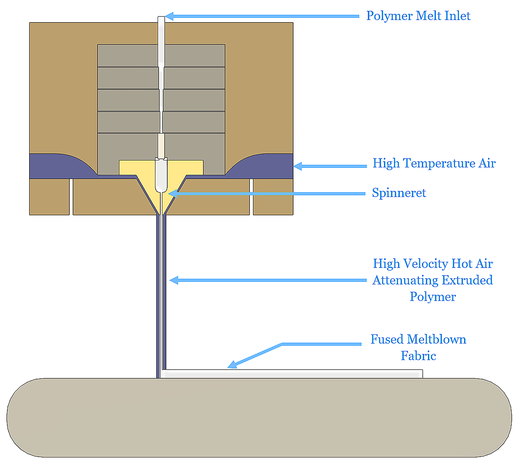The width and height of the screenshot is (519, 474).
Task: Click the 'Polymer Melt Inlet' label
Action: (x=418, y=16)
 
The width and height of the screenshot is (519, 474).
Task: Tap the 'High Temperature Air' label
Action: (x=434, y=164)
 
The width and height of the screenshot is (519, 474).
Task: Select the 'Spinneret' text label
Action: (x=399, y=193)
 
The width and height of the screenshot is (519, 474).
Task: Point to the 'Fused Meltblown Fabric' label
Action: (x=418, y=347)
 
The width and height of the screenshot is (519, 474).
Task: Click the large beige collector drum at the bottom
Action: (x=259, y=417)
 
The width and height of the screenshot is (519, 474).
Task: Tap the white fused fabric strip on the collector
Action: (x=292, y=374)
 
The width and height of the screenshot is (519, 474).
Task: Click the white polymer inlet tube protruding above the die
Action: (x=161, y=20)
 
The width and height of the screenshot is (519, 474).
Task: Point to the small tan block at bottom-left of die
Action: (x=49, y=197)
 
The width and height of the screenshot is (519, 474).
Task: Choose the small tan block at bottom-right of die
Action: (x=273, y=197)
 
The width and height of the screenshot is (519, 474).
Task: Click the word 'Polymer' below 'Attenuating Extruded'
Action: (x=433, y=297)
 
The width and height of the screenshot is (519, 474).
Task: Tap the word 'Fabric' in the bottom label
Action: (x=418, y=356)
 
